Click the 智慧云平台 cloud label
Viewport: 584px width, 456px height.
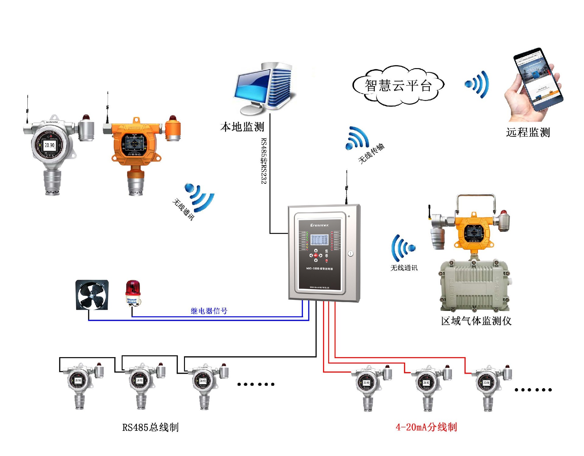(398, 86)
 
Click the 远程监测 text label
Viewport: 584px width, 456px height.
(528, 133)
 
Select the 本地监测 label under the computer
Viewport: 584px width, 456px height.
(242, 127)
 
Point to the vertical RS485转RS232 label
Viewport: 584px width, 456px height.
(264, 161)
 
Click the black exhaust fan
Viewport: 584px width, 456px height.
(92, 295)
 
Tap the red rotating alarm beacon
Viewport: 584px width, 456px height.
(133, 292)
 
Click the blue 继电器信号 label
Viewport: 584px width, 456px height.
(209, 311)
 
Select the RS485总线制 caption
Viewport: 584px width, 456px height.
(150, 427)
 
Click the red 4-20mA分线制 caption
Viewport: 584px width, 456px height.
(426, 427)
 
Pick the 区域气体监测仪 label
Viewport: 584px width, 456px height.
(476, 321)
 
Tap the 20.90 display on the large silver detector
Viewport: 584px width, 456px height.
(50, 145)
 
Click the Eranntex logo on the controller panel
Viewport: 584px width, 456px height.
(319, 225)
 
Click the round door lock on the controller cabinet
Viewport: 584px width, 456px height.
(350, 253)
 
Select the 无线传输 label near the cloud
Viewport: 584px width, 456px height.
(371, 154)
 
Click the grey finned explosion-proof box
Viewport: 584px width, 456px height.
(474, 286)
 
